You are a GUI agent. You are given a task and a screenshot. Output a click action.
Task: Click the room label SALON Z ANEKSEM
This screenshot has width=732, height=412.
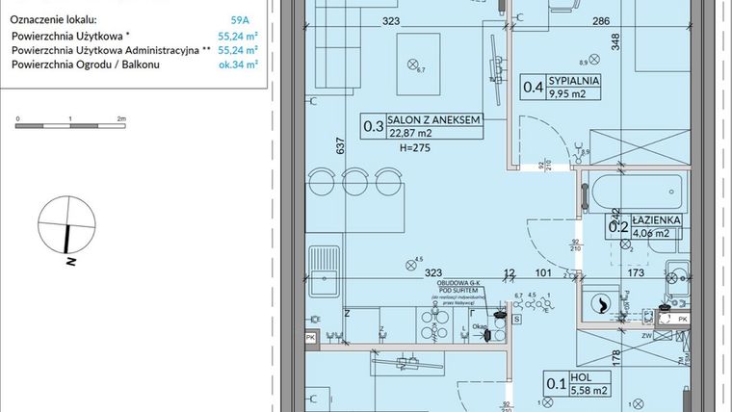[432, 120]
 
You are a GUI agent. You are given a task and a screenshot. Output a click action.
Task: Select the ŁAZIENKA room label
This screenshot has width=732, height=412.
[657, 220]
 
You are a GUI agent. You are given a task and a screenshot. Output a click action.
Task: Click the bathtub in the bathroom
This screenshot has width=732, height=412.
[637, 190]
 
